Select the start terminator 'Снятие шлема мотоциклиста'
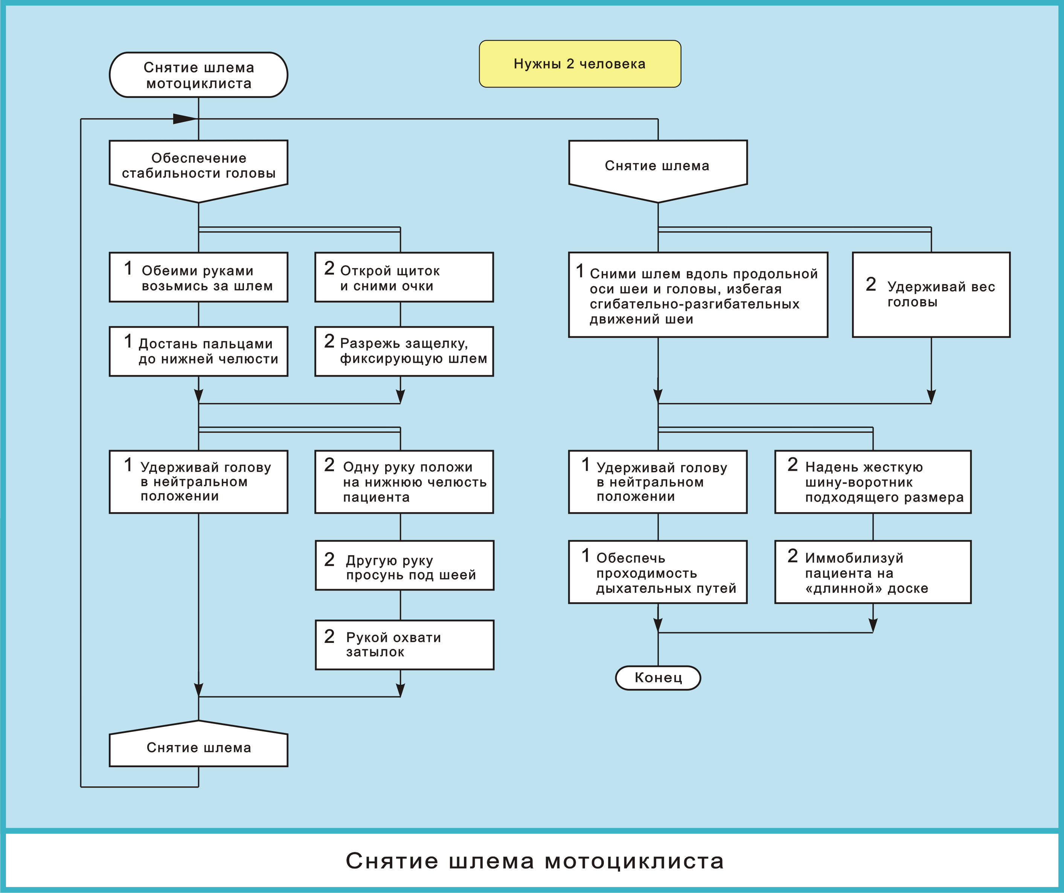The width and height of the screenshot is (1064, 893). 199,75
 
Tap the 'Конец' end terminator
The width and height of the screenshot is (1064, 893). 658,678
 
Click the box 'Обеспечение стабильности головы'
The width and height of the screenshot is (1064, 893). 199,167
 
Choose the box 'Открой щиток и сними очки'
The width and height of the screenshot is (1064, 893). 404,277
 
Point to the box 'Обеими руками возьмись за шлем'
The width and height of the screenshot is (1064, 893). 199,277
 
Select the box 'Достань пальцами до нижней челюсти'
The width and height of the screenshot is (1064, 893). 199,351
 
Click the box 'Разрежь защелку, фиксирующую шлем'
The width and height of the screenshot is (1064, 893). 404,351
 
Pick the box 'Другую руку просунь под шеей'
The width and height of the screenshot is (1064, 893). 404,566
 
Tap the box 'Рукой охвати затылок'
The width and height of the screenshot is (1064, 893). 404,645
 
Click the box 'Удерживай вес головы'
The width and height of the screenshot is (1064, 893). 931,295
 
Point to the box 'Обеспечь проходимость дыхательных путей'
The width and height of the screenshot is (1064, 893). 658,572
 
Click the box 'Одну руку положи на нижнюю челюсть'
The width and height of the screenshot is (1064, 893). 404,482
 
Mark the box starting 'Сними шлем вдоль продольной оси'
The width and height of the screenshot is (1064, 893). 698,295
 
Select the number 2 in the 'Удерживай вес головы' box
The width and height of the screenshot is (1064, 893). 870,284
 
